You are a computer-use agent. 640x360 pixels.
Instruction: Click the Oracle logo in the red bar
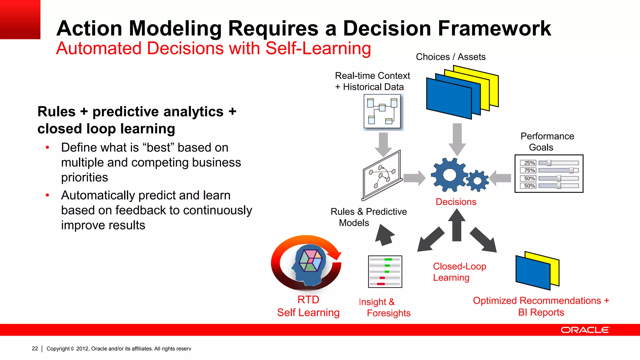(x=585, y=330)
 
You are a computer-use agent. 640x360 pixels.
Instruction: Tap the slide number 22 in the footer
(x=35, y=348)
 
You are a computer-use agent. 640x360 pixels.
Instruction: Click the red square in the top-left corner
(x=20, y=19)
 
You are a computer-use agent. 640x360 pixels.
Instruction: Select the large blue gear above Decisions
(x=449, y=175)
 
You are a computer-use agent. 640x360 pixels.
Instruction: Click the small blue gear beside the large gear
(x=477, y=181)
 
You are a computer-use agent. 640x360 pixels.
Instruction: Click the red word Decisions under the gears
(x=456, y=202)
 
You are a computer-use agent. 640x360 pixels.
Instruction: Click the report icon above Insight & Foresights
(x=385, y=272)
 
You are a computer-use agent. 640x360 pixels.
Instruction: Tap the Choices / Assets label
(x=451, y=57)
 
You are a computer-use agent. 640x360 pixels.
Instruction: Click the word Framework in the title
(x=494, y=28)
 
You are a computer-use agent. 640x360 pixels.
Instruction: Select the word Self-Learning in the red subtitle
(x=318, y=49)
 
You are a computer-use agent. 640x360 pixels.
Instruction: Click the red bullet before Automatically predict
(x=47, y=195)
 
